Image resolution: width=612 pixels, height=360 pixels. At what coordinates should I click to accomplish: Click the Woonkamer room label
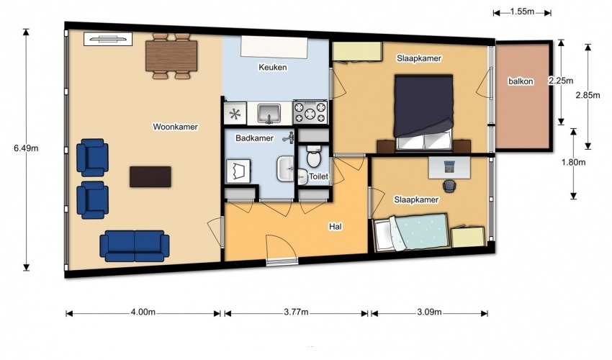tap(175, 127)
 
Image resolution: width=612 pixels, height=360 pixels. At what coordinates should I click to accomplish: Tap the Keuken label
tap(272, 67)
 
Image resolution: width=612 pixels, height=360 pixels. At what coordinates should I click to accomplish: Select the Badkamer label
tap(254, 138)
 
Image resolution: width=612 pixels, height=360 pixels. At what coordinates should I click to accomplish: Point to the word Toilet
tap(318, 176)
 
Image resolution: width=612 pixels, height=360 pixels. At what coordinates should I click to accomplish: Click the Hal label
tap(336, 227)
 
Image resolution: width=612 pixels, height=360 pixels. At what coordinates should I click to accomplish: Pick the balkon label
tap(521, 81)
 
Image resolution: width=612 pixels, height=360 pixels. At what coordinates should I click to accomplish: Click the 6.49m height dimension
tap(26, 148)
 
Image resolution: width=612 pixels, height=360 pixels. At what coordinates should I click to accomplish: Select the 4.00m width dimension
tap(143, 312)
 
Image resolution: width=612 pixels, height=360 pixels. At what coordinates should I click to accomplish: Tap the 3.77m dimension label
tap(296, 312)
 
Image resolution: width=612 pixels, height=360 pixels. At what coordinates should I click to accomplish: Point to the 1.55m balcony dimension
tap(522, 12)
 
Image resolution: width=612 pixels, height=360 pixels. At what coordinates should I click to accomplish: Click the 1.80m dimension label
tap(573, 163)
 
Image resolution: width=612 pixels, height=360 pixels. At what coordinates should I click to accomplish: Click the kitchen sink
tap(269, 113)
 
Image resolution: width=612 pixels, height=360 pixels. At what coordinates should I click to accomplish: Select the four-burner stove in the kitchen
tap(310, 112)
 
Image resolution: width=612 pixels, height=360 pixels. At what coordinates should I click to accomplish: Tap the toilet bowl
tap(313, 156)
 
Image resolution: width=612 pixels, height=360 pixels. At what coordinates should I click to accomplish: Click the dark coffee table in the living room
tap(150, 176)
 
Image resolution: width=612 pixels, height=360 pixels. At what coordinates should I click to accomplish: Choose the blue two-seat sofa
tap(134, 246)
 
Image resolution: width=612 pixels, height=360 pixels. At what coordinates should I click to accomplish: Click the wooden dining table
tap(171, 56)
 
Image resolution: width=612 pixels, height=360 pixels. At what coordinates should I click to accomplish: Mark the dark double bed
tap(423, 112)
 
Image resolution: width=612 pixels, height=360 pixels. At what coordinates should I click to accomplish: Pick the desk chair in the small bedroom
tap(450, 186)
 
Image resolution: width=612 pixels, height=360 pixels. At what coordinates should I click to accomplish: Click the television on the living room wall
tap(108, 39)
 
